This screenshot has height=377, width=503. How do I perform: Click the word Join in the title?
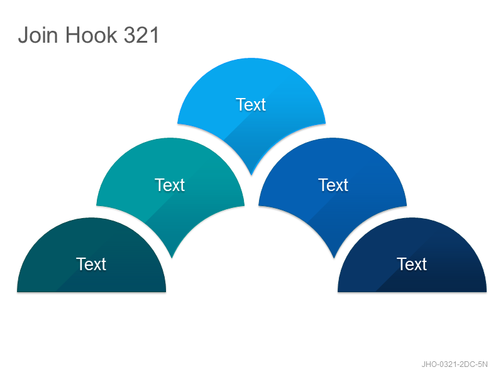(38, 35)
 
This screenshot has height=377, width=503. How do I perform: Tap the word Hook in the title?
(91, 35)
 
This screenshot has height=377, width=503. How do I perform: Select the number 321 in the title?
(141, 35)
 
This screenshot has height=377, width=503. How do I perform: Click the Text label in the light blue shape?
(251, 104)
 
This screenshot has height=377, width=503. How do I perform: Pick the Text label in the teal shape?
(170, 185)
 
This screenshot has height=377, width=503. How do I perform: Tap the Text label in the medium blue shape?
(333, 185)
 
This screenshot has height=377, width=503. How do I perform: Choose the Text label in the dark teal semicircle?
(91, 264)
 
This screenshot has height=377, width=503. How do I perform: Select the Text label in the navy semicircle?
(412, 264)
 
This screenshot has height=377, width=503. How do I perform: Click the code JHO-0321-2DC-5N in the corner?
(455, 364)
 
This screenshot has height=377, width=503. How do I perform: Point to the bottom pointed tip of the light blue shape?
(251, 175)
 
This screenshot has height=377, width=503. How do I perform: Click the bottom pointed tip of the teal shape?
(172, 258)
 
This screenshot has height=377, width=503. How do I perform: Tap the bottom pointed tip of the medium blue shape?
(334, 258)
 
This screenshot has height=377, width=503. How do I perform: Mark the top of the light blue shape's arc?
(251, 58)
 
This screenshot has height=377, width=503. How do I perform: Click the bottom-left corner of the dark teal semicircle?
(18, 292)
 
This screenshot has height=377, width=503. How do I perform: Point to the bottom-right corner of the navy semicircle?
(486, 292)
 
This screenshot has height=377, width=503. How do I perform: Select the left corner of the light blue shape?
(178, 123)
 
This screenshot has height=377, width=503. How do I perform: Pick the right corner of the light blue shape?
(325, 123)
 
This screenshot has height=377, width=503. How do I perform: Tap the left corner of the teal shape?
(97, 205)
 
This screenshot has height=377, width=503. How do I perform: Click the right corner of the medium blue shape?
(406, 205)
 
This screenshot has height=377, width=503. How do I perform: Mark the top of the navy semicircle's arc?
(412, 218)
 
